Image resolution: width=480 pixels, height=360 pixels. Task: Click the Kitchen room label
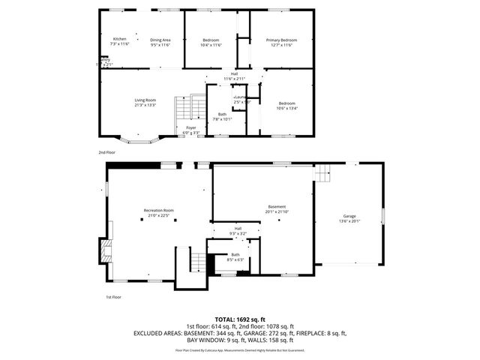(119, 39)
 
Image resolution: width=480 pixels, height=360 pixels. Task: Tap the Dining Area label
(160, 39)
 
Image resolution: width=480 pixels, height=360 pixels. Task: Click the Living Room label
(145, 100)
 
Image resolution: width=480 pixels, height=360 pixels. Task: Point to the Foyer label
(192, 127)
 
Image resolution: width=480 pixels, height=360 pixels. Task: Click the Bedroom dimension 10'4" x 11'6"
(211, 45)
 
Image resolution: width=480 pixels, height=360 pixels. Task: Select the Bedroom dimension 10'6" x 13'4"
(286, 108)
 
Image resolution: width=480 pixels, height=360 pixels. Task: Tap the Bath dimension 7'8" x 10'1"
(222, 118)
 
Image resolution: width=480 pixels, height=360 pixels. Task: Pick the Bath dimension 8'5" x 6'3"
(235, 259)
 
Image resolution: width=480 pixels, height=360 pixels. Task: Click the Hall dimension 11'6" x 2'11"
(235, 79)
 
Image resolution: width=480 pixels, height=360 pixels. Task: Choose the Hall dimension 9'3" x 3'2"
(238, 233)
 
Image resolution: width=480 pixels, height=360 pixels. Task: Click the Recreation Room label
(159, 210)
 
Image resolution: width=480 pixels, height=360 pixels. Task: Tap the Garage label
(349, 216)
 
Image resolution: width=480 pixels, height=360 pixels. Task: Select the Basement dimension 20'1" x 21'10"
(277, 211)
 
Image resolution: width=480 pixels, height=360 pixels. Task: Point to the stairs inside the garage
(322, 174)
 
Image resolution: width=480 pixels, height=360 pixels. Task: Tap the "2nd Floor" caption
(106, 152)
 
